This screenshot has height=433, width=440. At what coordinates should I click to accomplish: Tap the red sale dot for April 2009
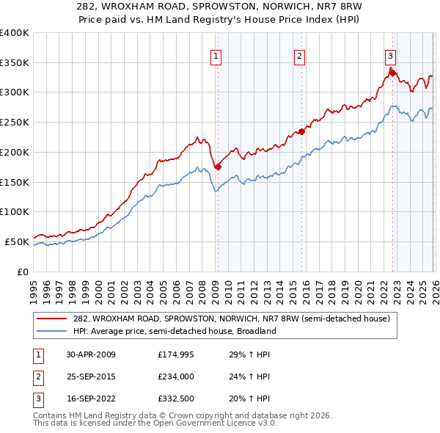[218, 167]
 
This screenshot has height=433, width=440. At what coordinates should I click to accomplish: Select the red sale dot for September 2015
[301, 131]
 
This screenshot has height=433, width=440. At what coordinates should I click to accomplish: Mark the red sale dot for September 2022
[392, 72]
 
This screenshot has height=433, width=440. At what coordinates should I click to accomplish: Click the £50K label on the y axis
[17, 241]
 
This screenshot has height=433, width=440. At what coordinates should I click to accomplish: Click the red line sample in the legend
[53, 319]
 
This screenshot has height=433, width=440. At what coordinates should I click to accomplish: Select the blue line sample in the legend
[53, 331]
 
